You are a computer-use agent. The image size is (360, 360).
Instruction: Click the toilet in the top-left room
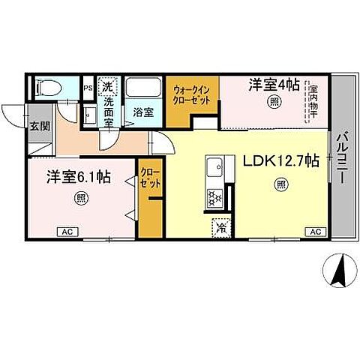pyautogui.click(x=46, y=87)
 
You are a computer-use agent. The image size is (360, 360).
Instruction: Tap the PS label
pyautogui.click(x=88, y=88)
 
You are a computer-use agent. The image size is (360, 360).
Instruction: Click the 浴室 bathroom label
pyautogui.click(x=142, y=112)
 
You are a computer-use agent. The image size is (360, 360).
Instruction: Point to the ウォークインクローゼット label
pyautogui.click(x=192, y=95)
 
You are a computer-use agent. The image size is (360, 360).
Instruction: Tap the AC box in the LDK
pyautogui.click(x=316, y=232)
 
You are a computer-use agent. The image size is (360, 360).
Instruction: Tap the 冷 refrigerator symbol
pyautogui.click(x=222, y=224)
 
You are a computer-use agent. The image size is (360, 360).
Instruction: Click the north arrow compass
pyautogui.click(x=337, y=271)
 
